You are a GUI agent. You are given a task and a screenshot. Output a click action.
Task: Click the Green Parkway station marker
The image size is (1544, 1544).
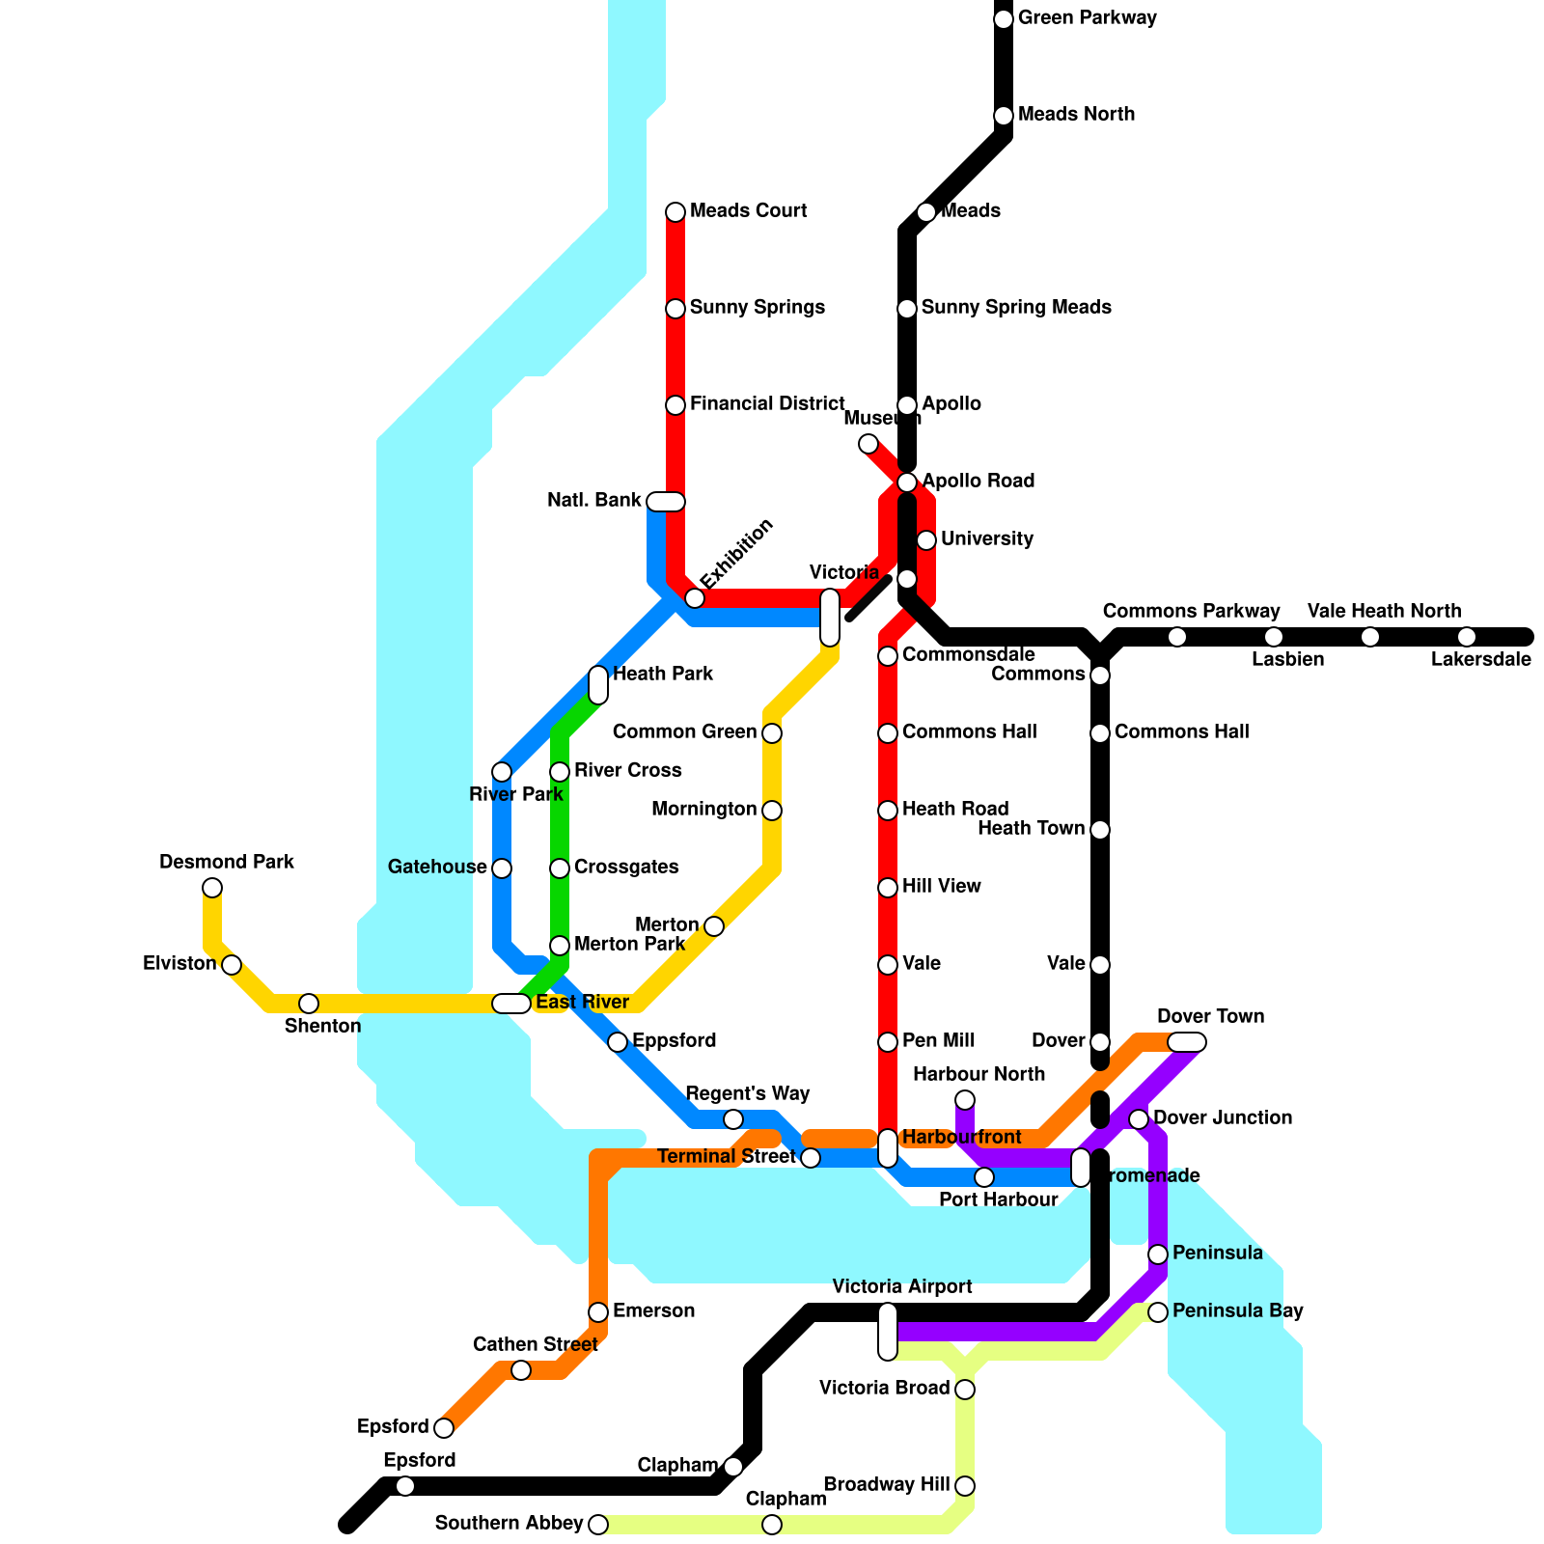coord(1004,19)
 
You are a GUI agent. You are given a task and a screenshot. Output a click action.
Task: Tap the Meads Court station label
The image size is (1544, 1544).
coord(748,211)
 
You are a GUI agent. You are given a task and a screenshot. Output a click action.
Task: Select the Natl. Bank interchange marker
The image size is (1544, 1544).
coord(666,502)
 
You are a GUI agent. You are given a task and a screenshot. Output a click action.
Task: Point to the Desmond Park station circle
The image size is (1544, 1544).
coord(212,888)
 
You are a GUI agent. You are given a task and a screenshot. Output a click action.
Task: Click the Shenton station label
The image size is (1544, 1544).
coord(322,1026)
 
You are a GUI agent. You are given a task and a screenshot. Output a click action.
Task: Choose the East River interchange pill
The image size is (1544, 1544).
coord(511,1004)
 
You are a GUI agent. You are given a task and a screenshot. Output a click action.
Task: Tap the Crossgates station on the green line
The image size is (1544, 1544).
coord(560,868)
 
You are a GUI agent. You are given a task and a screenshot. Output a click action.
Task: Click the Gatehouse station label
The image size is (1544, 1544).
coord(436,868)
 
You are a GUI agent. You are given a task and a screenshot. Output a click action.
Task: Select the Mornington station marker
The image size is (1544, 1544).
coord(772,811)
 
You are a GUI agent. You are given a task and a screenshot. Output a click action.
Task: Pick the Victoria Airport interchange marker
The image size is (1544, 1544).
coord(888,1332)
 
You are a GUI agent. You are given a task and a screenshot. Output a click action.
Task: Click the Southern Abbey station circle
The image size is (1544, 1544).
coord(598,1525)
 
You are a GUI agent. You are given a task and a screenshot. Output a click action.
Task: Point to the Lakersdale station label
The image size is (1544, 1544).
coord(1480,660)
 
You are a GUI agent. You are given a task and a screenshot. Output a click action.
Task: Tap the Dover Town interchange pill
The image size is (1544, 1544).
coord(1187,1042)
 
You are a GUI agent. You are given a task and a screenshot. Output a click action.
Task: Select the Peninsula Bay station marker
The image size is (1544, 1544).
coord(1158,1312)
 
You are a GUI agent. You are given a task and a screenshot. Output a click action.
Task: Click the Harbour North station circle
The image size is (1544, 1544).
coord(965,1100)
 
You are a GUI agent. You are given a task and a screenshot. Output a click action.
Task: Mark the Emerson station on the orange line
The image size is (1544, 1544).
coord(598,1312)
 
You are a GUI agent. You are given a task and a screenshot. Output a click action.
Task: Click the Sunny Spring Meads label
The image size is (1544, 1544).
coord(1016,308)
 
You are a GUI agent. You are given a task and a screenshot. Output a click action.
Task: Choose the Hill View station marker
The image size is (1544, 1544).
coord(888,888)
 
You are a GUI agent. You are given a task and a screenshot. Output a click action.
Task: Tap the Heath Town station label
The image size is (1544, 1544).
coord(1031,829)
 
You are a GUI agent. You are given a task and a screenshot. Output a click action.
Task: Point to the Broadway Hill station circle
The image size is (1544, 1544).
coord(965,1486)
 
